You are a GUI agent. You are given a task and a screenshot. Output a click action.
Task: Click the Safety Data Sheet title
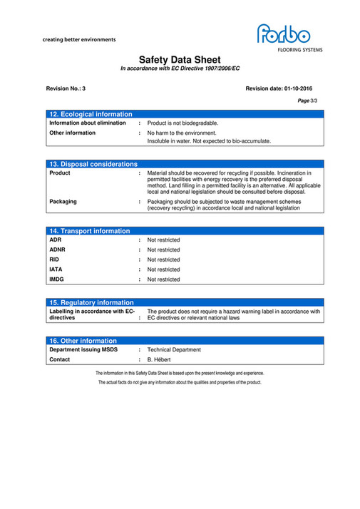180,60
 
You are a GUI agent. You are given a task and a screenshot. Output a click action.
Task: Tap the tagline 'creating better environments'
79,40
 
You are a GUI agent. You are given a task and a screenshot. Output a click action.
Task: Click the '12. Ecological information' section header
91,114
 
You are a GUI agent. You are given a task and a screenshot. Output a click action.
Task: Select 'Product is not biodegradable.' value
182,123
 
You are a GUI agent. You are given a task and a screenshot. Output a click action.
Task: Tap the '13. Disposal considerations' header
93,164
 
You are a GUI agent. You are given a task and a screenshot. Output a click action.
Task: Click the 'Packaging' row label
63,202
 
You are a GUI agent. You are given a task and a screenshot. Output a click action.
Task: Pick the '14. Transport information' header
90,231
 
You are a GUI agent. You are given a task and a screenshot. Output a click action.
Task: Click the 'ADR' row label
55,240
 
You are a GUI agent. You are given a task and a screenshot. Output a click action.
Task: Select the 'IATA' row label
56,269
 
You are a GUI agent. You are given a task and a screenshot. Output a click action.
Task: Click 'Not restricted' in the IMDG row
163,279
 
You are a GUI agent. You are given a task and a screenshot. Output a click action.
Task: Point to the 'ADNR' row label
57,250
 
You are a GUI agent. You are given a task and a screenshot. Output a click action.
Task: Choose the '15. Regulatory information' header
92,303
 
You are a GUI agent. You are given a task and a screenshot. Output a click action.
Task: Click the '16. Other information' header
83,341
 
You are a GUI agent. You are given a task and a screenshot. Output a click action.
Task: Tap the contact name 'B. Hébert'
160,360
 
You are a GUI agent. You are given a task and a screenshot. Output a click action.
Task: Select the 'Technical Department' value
173,350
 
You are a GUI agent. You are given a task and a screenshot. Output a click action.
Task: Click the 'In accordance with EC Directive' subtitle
180,68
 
